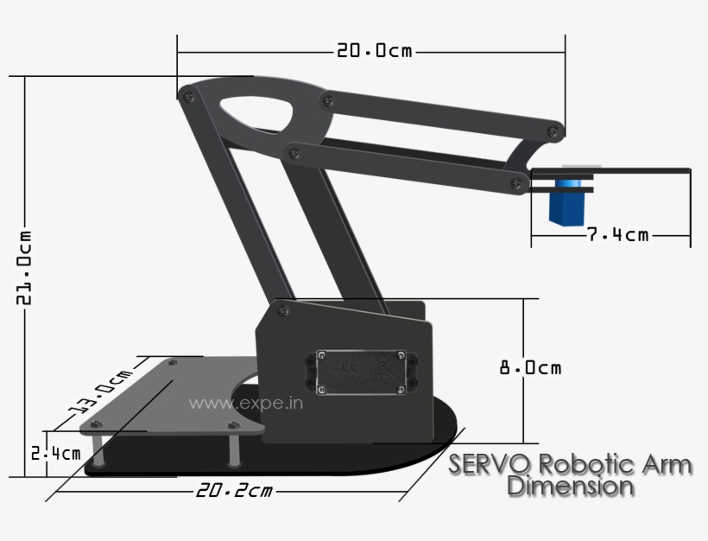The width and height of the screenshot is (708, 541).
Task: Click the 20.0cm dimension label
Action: (x=375, y=52)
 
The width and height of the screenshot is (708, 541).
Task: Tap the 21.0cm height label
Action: (x=24, y=267)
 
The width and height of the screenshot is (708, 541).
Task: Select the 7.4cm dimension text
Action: (x=617, y=234)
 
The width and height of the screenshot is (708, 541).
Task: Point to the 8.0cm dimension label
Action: (x=530, y=367)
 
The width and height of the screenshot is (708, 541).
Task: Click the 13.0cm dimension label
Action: (x=102, y=391)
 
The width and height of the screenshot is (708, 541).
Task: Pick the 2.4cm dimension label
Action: (x=55, y=453)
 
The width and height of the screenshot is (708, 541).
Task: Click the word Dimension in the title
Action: (x=570, y=486)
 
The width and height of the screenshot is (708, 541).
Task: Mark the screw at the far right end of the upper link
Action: (x=552, y=130)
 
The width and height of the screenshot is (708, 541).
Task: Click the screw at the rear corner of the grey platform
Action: (x=172, y=363)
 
